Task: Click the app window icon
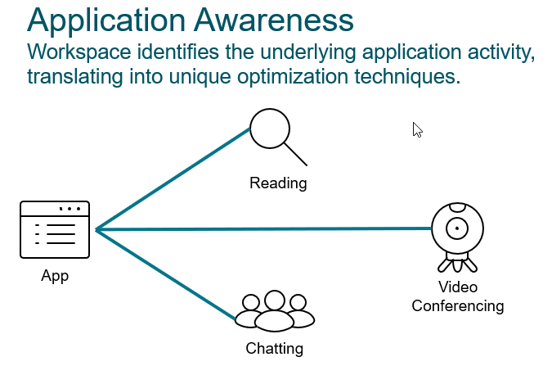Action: coord(55,230)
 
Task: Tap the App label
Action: coord(55,276)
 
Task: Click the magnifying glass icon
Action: coord(271,130)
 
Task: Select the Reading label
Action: coord(278,183)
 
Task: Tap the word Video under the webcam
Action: coord(457,287)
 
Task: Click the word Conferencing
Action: coord(457,306)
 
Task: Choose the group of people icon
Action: coord(275,311)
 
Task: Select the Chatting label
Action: coord(275,349)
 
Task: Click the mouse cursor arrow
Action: coord(417,129)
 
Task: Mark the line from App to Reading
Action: coord(172,179)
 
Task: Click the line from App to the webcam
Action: coord(262,229)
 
